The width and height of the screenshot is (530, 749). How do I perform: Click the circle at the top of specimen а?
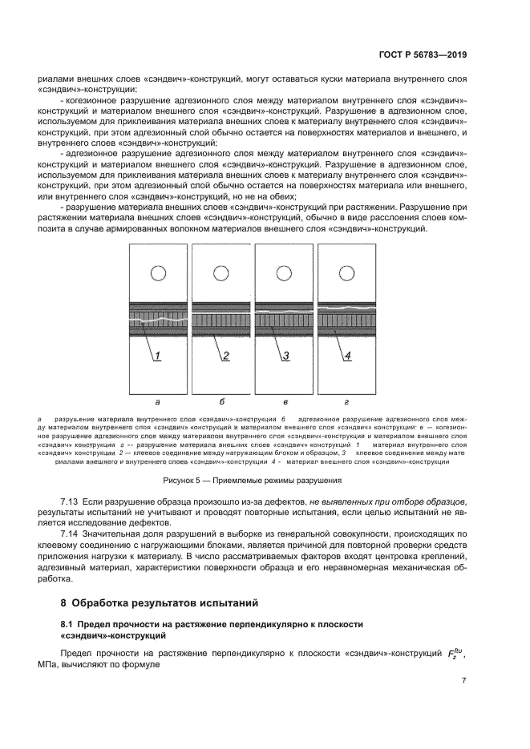click(159, 273)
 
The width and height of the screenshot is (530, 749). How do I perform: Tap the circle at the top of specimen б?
click(221, 273)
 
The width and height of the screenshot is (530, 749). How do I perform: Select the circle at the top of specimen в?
click(284, 273)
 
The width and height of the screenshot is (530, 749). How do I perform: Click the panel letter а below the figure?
click(159, 402)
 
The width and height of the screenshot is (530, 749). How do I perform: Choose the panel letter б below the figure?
click(221, 402)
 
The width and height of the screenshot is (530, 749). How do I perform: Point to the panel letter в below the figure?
click(284, 402)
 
